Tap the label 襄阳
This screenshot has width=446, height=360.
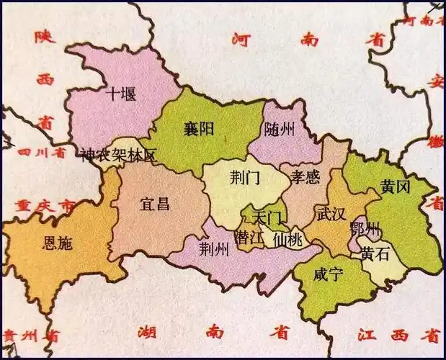[198, 130]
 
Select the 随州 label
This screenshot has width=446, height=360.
[280, 130]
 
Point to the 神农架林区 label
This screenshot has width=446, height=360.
[118, 155]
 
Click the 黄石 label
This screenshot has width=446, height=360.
[376, 253]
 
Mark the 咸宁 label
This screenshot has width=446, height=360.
[328, 274]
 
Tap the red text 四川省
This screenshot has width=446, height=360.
[40, 153]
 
